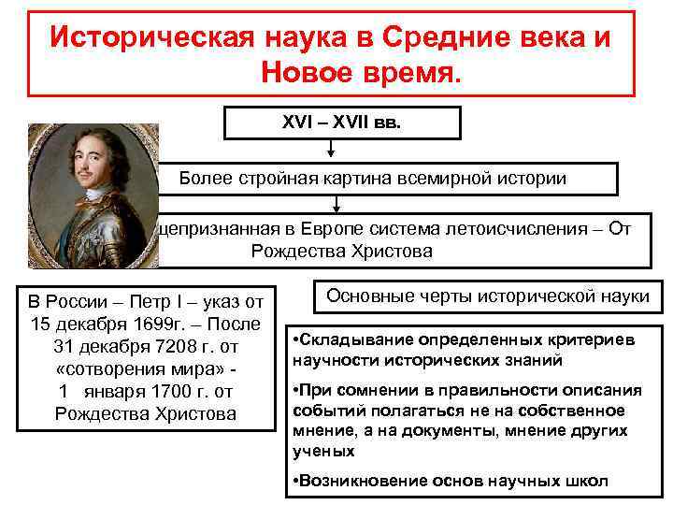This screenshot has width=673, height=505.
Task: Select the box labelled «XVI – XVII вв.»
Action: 341,122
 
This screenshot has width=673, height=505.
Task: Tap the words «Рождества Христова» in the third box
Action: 341,252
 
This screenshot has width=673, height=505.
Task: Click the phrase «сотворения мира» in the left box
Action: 138,368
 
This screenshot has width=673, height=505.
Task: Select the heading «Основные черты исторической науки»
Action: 487,296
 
